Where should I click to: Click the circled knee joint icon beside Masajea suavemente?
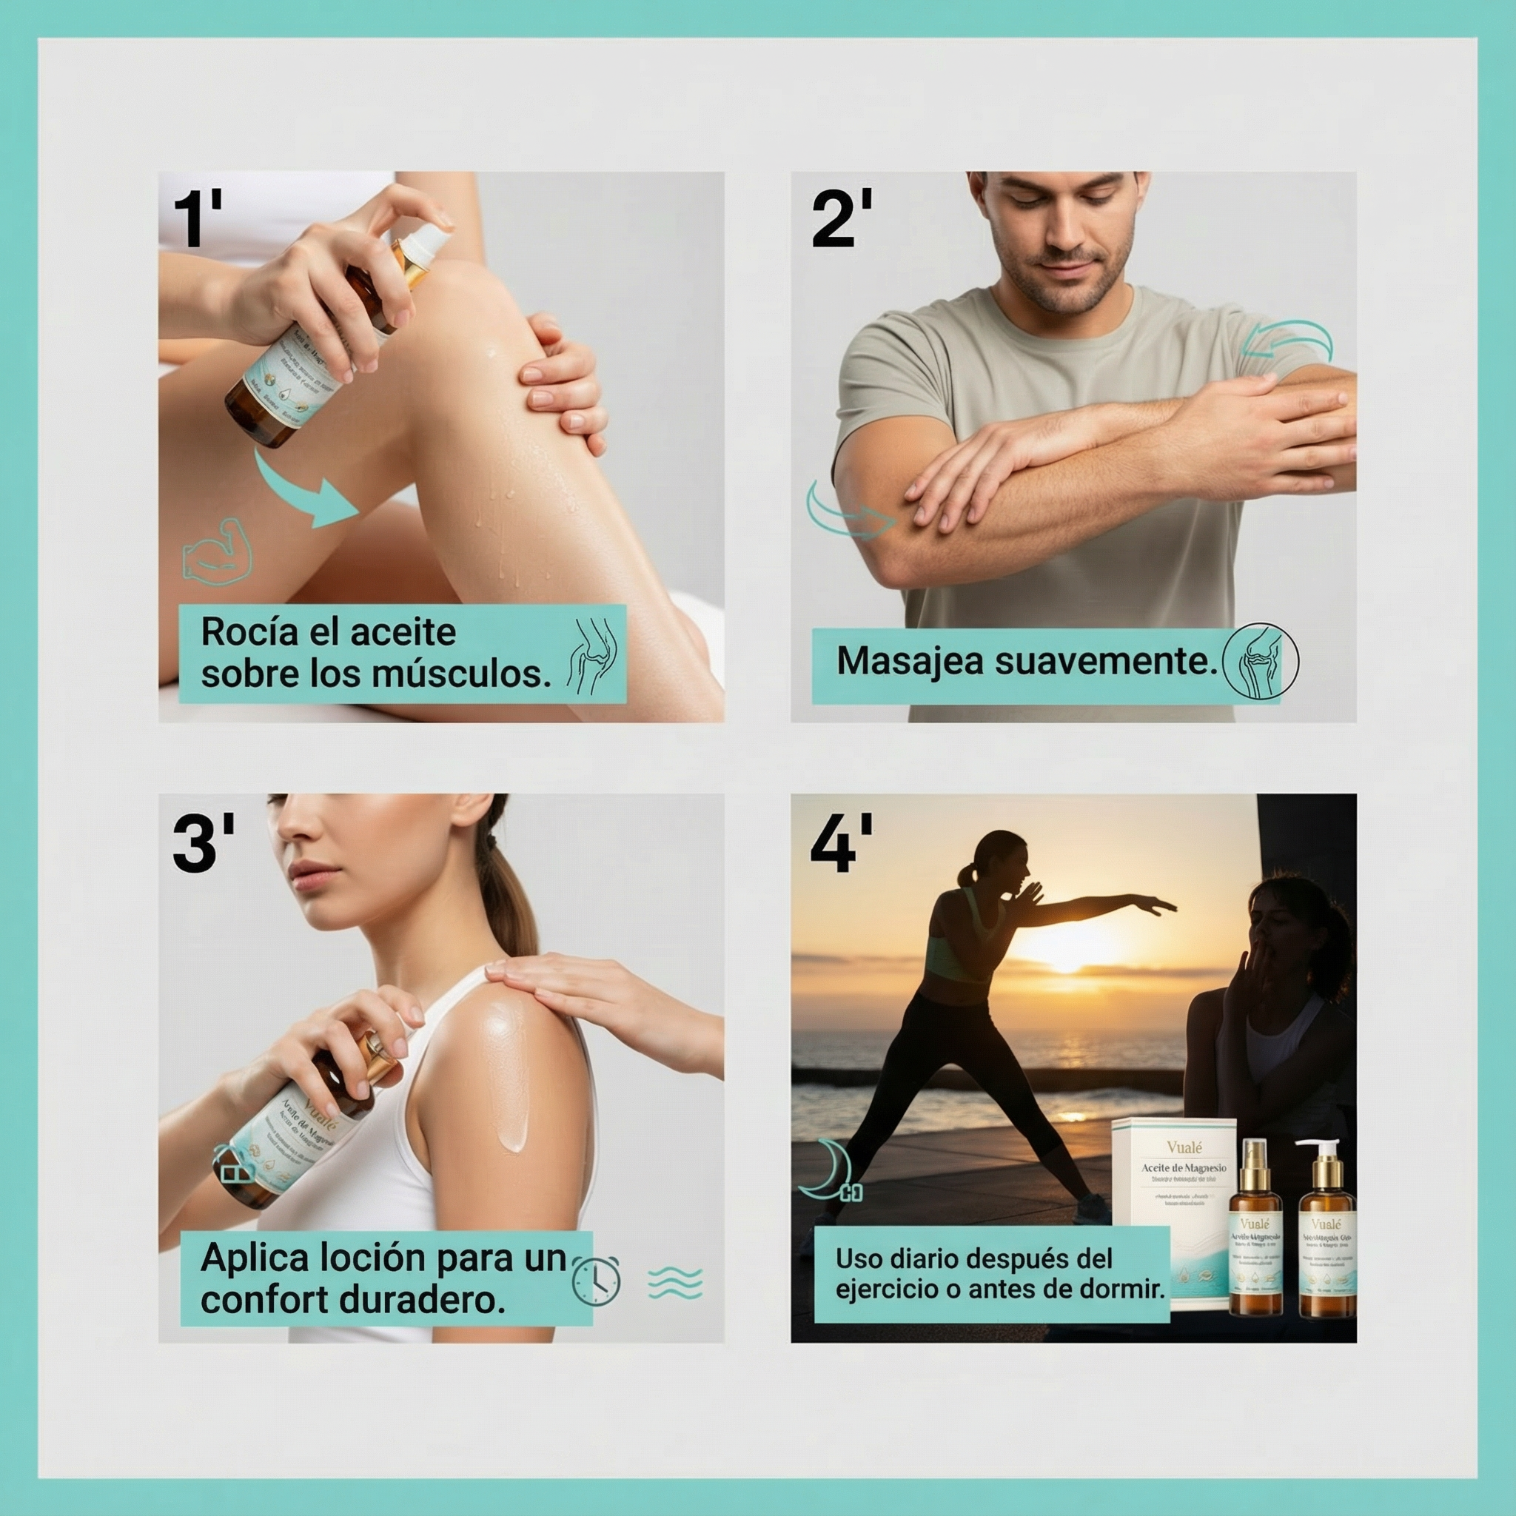coord(1260,661)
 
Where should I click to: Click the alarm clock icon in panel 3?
coord(597,1281)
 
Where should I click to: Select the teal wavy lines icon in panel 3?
coord(675,1284)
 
